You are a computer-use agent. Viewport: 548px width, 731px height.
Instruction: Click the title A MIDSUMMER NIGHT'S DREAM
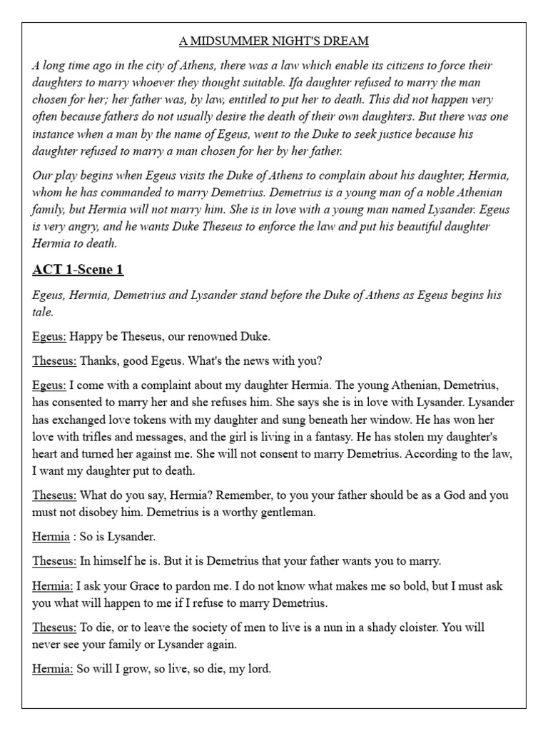(x=274, y=41)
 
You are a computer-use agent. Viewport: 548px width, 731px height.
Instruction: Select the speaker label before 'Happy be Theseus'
(x=49, y=336)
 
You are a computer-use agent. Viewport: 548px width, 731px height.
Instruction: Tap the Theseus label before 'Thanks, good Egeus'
(x=54, y=361)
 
